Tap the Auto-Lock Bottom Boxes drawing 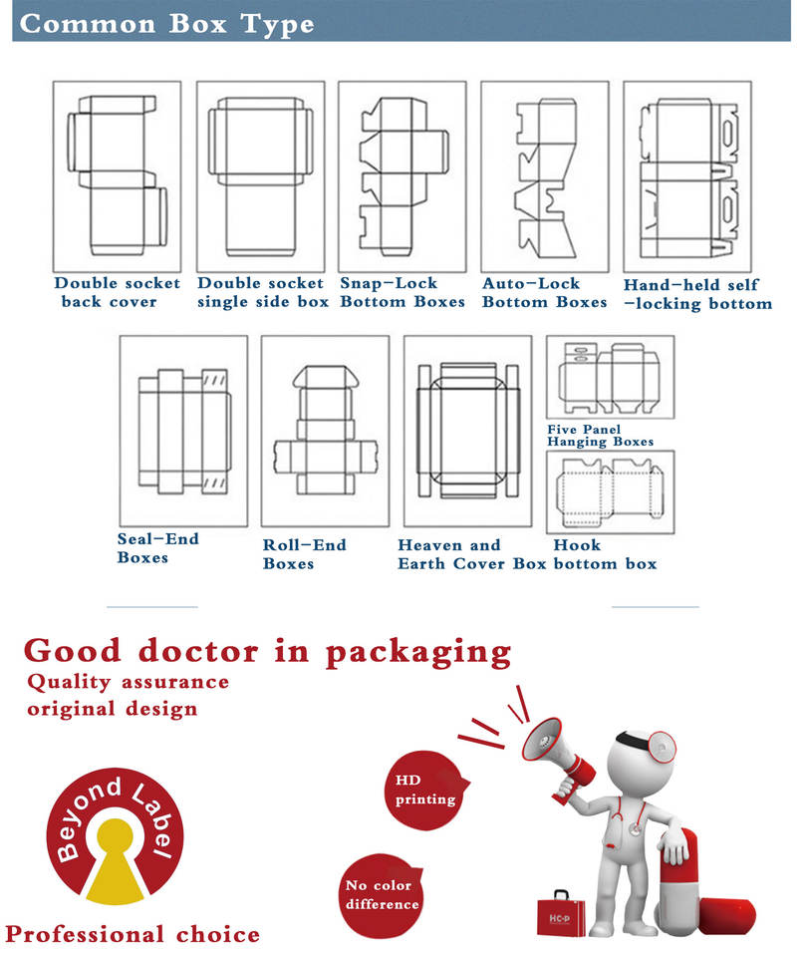[544, 177]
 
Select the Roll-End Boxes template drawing [325, 431]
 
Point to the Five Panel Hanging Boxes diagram [610, 379]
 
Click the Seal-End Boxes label [157, 548]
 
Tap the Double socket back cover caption [117, 292]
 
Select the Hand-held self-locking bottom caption [697, 294]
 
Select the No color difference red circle [382, 894]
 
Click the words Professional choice [133, 934]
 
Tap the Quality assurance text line [128, 683]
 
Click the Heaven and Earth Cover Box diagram [467, 431]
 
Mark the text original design [112, 709]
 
